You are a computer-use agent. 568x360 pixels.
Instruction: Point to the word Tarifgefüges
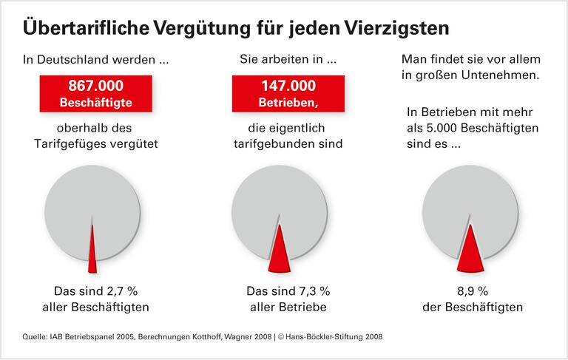[72, 144]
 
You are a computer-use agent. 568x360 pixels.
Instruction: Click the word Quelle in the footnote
[34, 336]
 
